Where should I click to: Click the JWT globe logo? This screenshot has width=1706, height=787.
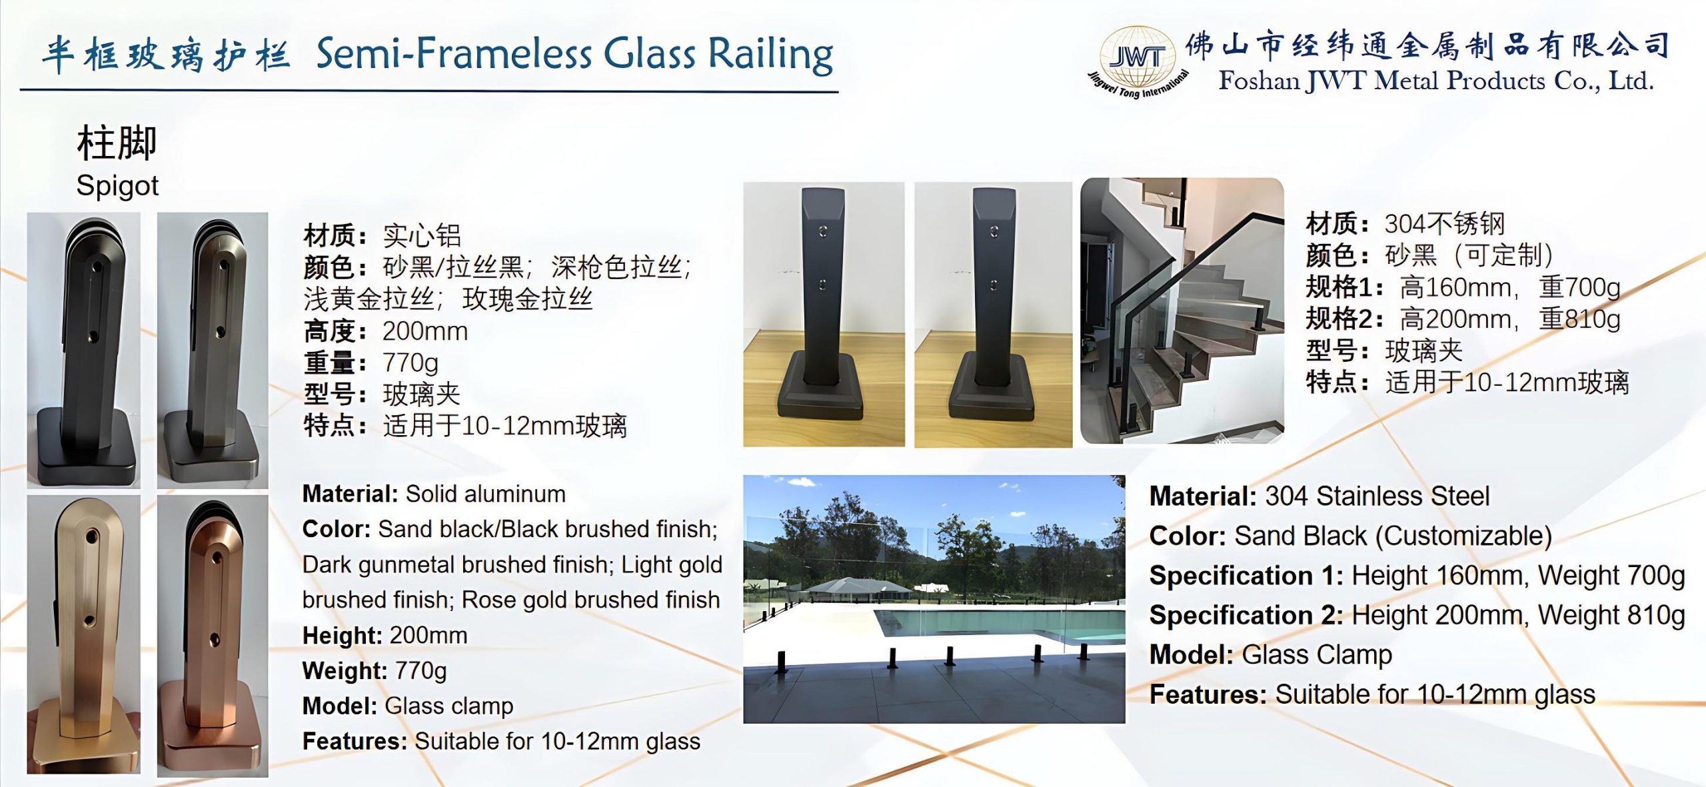tap(1137, 60)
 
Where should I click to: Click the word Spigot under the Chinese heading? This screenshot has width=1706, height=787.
tap(117, 185)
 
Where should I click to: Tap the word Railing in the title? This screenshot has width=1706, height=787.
tap(770, 55)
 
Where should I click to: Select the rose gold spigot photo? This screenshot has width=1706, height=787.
tap(213, 636)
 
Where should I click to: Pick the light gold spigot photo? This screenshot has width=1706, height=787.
tap(83, 634)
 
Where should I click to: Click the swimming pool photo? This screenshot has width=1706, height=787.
tap(934, 598)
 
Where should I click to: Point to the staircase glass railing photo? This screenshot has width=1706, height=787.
tap(1182, 311)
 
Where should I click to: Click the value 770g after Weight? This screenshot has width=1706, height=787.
tap(421, 670)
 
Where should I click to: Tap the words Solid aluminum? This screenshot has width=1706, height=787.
tap(485, 494)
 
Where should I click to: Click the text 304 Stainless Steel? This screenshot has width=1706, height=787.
tap(1377, 496)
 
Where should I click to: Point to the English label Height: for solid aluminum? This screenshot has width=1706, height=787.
tap(342, 635)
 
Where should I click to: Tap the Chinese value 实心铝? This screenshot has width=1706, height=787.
tap(421, 236)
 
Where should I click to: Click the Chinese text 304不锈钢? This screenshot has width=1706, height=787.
tap(1444, 224)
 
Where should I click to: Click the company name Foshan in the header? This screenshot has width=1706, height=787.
tap(1259, 81)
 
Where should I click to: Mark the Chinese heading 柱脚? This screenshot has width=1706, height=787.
tap(117, 143)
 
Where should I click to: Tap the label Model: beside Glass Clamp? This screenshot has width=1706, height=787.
tap(1191, 654)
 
